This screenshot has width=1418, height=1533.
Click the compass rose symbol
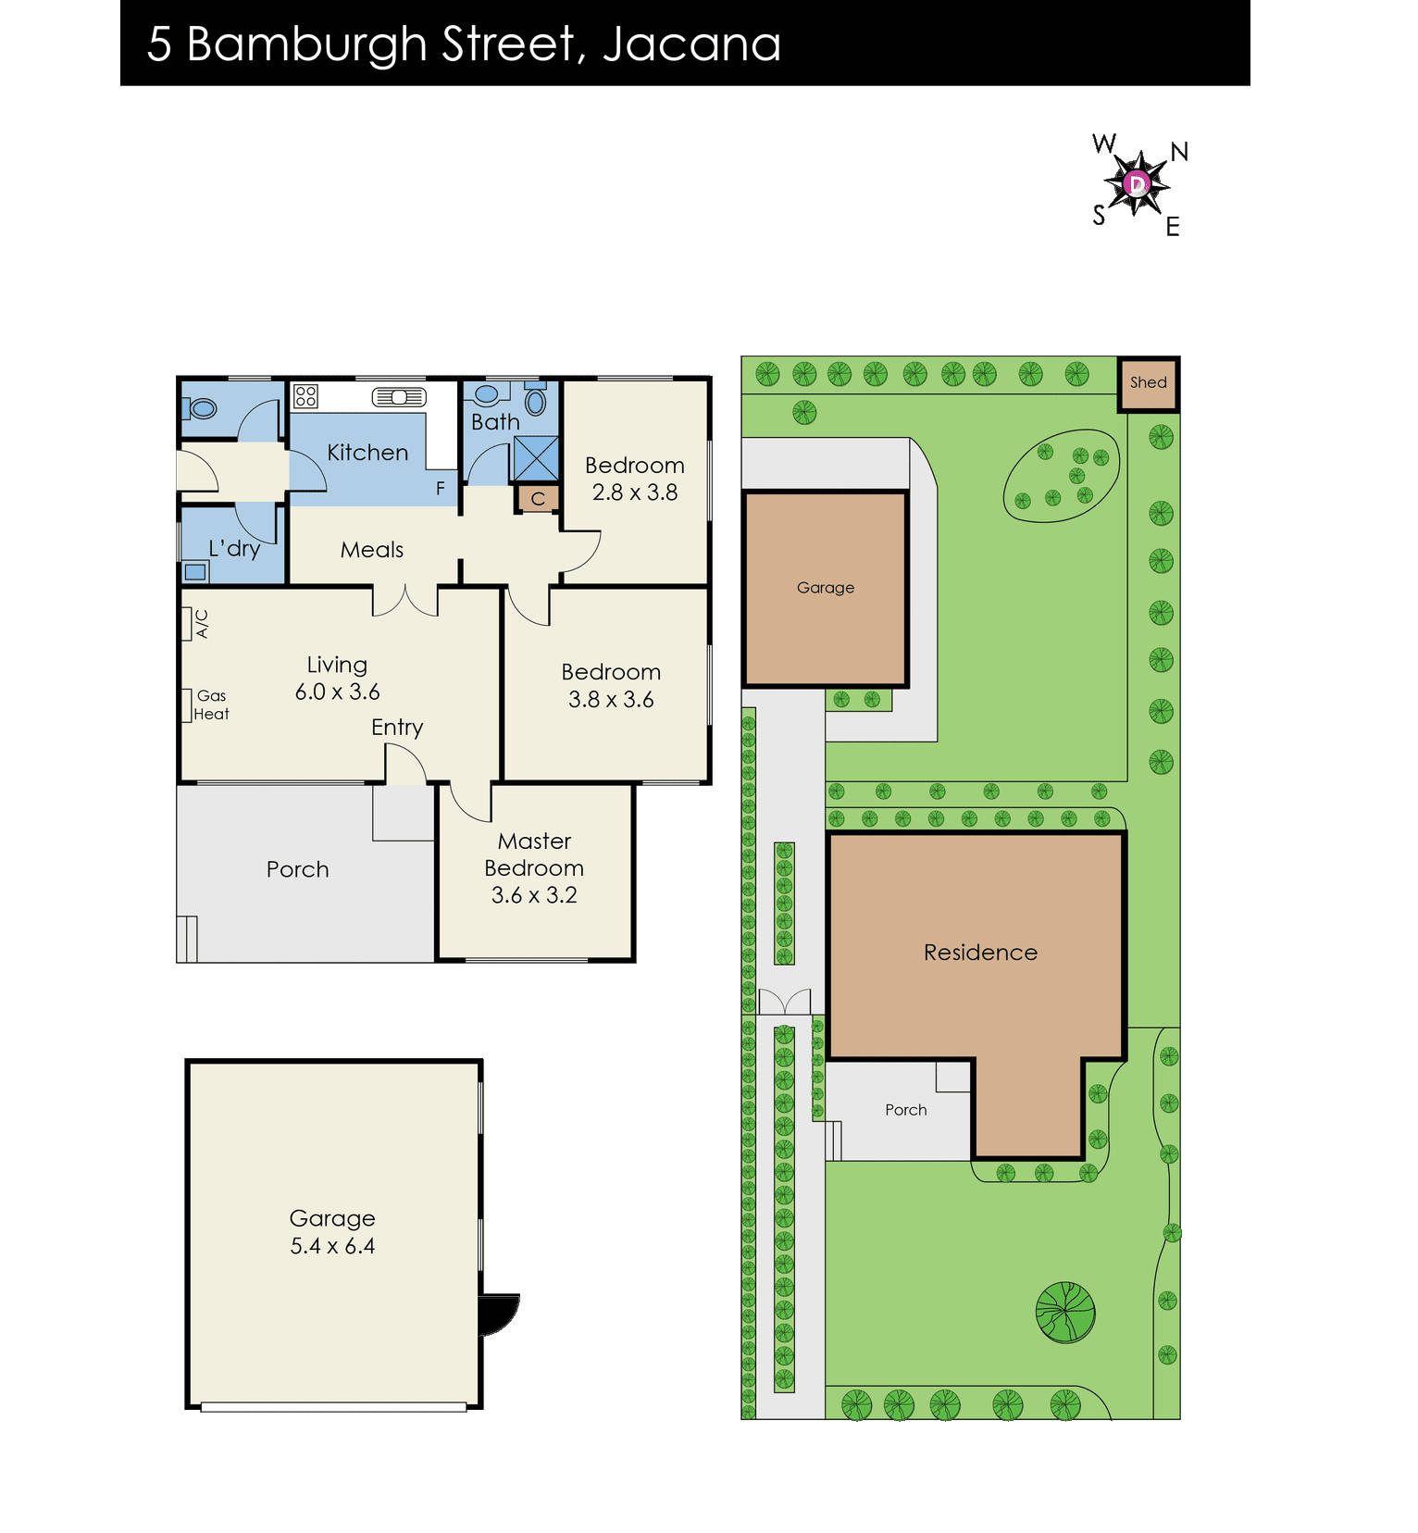coord(1138,184)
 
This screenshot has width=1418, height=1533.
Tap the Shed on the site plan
coord(1148,383)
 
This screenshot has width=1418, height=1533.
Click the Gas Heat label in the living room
coord(211,705)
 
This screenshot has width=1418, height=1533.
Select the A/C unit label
coord(202,623)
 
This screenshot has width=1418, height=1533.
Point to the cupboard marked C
coord(538,499)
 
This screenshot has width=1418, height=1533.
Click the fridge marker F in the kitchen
coord(441,488)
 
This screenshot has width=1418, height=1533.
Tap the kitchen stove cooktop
coord(305,396)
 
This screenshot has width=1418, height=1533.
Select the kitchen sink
coord(399,397)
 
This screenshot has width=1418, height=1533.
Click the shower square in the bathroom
coord(536,458)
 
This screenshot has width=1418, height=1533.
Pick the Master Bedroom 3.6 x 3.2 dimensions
coord(534,895)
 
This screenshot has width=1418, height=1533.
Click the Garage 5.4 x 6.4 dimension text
coord(332,1246)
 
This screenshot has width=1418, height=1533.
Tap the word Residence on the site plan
coord(980,953)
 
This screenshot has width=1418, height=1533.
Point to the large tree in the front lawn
coord(1065,1312)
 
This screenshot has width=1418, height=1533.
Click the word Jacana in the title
coord(691,44)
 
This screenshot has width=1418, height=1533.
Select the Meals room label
coord(372,550)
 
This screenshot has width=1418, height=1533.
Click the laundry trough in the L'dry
coord(195,572)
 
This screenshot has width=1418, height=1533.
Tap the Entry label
coord(397,728)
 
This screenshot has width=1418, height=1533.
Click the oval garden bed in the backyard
coord(1062,476)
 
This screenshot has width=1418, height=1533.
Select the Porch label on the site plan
coord(905,1110)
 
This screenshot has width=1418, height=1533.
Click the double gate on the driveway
coord(784,1002)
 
